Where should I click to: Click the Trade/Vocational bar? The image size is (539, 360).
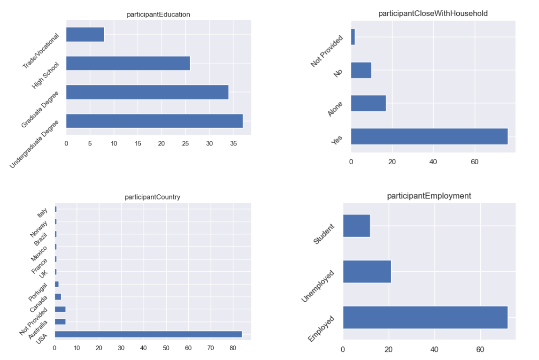[85, 35]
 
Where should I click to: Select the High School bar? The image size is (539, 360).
[128, 63]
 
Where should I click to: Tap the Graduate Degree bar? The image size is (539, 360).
[147, 92]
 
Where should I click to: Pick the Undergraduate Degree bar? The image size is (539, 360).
[154, 121]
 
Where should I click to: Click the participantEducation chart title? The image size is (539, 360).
[158, 15]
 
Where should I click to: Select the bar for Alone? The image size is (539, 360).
[369, 103]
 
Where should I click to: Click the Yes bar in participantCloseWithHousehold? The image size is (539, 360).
[429, 136]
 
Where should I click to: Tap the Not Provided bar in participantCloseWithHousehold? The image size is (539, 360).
[353, 37]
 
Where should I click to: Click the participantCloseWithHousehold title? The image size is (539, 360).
[433, 14]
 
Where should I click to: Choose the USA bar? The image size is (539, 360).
[148, 334]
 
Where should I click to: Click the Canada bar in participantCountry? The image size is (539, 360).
[58, 297]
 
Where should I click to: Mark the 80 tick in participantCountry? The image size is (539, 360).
[233, 348]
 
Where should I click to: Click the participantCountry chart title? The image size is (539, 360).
[153, 197]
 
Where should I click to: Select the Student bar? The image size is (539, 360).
[356, 226]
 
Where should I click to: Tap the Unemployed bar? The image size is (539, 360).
[367, 271]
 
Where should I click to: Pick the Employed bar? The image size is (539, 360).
[425, 317]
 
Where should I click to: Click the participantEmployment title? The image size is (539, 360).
[429, 196]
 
